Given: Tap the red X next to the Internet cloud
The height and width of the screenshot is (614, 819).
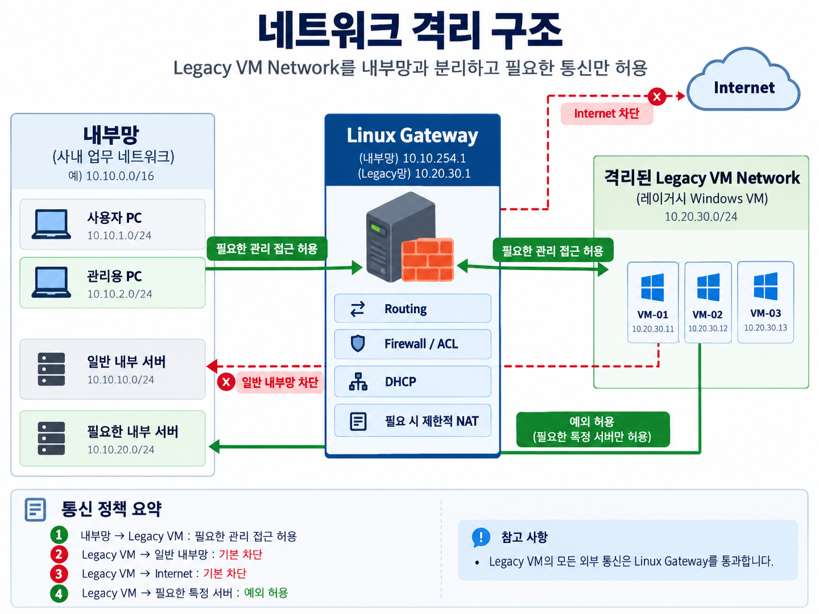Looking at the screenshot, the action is click(x=657, y=97).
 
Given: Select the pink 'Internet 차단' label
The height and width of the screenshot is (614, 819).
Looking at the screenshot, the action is click(x=607, y=113).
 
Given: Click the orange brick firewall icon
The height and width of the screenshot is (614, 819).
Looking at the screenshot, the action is click(x=428, y=260).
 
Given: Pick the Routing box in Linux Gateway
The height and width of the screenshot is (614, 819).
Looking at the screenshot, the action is click(x=412, y=308).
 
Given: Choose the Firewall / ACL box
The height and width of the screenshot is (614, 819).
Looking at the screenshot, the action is click(x=412, y=344).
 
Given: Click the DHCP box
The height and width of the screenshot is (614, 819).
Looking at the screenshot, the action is click(x=412, y=382).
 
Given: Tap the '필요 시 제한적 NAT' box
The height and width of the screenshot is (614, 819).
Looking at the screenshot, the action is click(x=412, y=421).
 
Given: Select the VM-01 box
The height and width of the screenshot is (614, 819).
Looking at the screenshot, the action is click(x=653, y=302).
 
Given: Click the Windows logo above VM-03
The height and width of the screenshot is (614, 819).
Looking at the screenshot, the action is click(x=765, y=286).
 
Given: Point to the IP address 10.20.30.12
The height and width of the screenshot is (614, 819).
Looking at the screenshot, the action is click(x=708, y=328).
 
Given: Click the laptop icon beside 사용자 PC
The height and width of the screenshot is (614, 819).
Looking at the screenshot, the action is click(x=51, y=224).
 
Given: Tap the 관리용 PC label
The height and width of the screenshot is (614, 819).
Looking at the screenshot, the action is click(x=114, y=276).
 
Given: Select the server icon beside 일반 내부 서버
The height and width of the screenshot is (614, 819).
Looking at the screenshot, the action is click(x=51, y=369).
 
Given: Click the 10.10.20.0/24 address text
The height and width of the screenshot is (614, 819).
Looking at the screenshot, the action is click(x=120, y=449).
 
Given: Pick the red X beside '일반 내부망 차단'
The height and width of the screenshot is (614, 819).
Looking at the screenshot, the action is click(x=226, y=382).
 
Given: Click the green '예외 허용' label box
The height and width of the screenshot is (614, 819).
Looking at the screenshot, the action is click(x=593, y=429).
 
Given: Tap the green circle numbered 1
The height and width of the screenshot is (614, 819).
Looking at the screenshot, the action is click(x=59, y=535).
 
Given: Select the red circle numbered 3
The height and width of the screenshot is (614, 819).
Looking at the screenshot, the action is click(x=59, y=573).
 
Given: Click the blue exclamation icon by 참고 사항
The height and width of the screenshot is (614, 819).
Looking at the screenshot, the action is click(x=481, y=537).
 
